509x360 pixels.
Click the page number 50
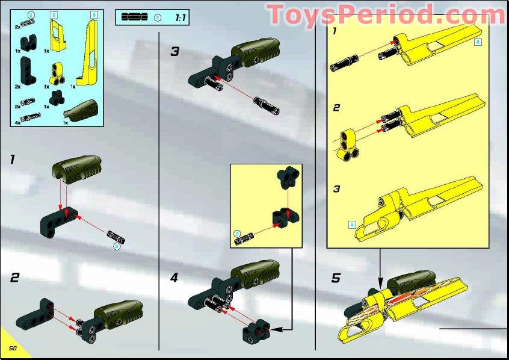tap(11, 349)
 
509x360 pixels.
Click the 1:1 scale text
tap(180, 18)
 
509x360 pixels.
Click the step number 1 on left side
tap(11, 160)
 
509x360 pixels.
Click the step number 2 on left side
tap(14, 278)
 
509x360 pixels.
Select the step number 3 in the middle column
tap(174, 52)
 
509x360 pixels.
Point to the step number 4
tap(174, 278)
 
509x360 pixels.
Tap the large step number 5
tap(336, 278)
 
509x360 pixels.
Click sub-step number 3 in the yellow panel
tap(337, 189)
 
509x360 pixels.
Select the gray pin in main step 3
tap(266, 105)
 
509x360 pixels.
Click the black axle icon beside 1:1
tap(134, 17)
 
